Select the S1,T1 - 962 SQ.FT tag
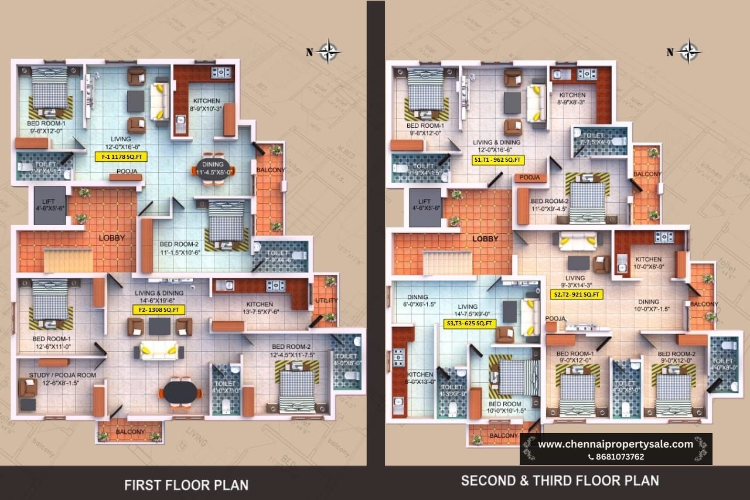coord(499,159)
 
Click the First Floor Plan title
coord(186,485)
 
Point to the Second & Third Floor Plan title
coord(560,481)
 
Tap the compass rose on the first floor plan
coord(330,51)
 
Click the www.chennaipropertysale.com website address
coord(615,444)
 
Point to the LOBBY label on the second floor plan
coord(485,239)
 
